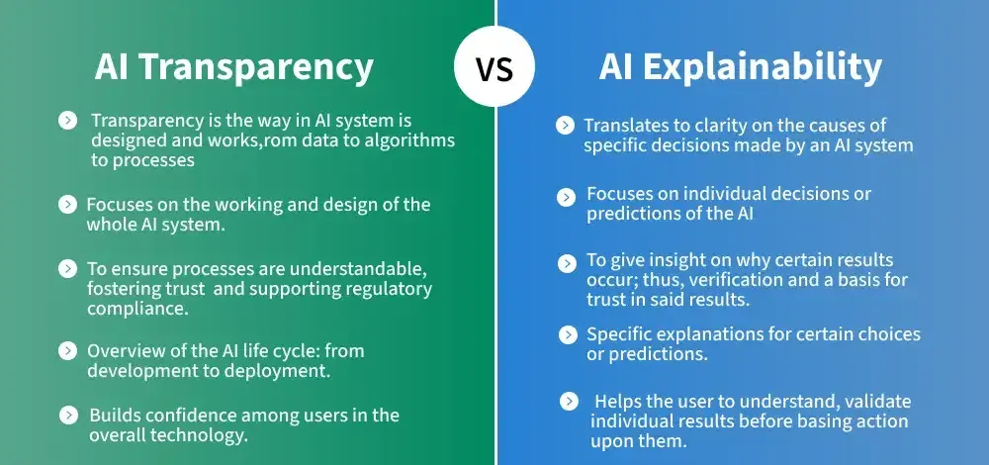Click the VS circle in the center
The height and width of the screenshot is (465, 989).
point(494,69)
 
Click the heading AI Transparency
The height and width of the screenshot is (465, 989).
point(234,67)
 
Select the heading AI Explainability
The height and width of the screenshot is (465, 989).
point(740,67)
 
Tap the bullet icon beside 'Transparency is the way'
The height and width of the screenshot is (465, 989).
point(67,120)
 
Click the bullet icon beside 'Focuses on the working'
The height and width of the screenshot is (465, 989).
point(67,205)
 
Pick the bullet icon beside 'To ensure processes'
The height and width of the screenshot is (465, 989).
point(67,268)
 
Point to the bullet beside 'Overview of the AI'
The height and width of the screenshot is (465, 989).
point(67,350)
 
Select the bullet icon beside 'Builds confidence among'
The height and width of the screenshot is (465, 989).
point(67,415)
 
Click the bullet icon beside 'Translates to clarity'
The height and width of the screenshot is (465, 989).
point(565,125)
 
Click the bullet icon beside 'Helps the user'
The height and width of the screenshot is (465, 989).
point(569,401)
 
